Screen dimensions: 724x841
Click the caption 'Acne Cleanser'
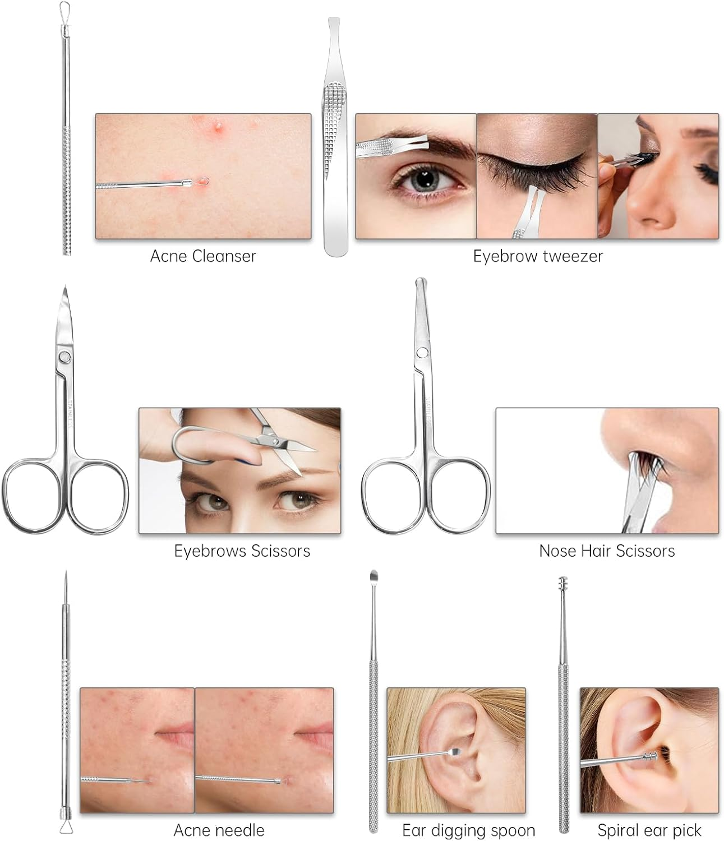pos(203,256)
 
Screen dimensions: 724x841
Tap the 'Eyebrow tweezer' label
pos(538,256)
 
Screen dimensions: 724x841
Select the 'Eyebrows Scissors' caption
pos(242,551)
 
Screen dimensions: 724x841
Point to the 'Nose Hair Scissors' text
pos(607,551)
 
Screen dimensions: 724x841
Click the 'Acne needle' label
pos(219,830)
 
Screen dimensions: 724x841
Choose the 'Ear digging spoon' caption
pos(468,830)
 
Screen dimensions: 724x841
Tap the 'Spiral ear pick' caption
pos(649,830)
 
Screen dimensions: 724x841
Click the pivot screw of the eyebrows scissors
pos(64,357)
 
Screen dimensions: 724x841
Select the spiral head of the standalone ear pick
pos(563,583)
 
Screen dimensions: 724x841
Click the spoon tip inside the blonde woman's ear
pos(454,753)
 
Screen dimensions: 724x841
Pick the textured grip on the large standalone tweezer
pos(334,122)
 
